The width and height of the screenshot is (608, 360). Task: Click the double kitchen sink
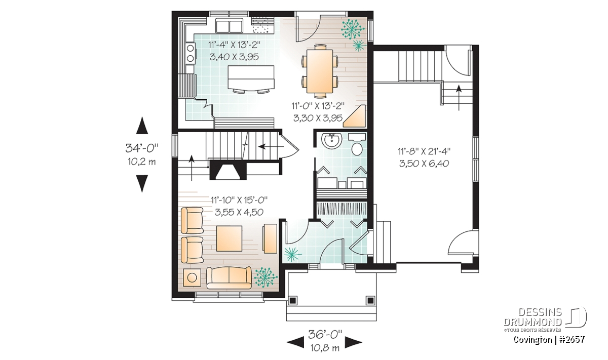[230, 26]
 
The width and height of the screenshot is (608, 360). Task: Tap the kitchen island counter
[251, 77]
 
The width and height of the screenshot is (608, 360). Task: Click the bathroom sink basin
[330, 141]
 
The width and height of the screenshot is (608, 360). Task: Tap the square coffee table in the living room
[229, 238]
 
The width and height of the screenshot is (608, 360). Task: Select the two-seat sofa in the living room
[229, 278]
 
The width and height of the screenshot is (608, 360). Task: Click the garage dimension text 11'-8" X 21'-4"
[424, 151]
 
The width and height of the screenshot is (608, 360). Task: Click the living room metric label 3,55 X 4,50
[239, 212]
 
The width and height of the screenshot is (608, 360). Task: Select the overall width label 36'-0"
[325, 334]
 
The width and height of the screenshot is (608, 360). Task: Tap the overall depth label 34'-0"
[142, 148]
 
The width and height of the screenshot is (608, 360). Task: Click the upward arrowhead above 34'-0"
[142, 126]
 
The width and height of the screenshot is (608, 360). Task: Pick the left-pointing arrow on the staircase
[271, 147]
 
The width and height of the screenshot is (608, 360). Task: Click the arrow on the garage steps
[459, 98]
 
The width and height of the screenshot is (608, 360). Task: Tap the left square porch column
[293, 300]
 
